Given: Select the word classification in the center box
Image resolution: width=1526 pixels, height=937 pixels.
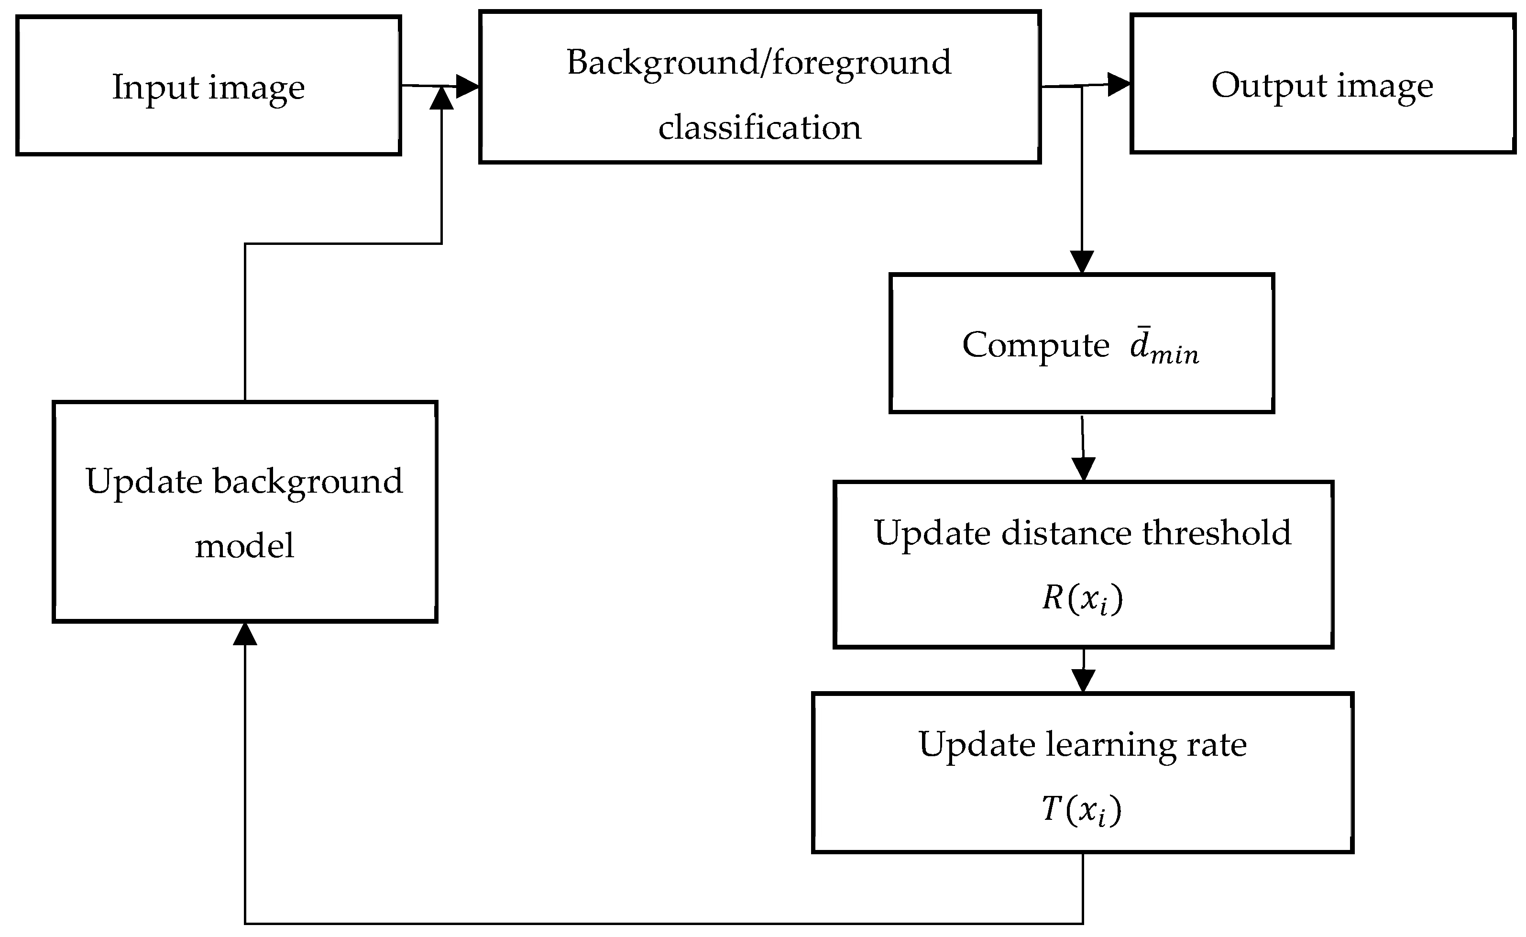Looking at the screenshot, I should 759,128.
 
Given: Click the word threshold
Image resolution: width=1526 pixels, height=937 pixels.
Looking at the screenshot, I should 1216,533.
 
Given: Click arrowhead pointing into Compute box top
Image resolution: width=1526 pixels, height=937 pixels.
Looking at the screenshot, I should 1082,262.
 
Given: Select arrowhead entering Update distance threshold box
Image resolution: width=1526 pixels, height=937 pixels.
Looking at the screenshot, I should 1083,469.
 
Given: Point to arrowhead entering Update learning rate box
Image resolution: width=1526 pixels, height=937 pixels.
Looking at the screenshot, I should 1083,681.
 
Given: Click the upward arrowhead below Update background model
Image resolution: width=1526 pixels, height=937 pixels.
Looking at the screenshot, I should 245,634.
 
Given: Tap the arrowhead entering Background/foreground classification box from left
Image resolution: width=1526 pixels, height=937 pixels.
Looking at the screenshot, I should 468,86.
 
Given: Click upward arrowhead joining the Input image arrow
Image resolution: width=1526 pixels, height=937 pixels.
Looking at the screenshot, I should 442,99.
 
